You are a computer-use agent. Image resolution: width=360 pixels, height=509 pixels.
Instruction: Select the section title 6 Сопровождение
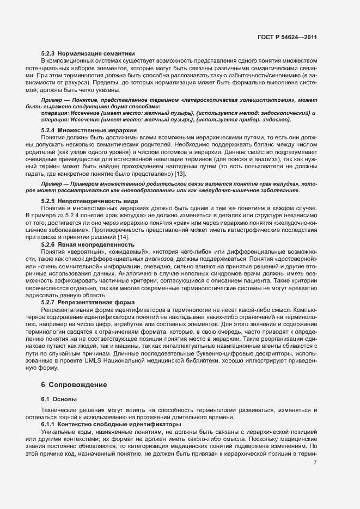tap(74, 385)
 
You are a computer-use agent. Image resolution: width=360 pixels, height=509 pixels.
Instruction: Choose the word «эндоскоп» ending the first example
tap(277, 119)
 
